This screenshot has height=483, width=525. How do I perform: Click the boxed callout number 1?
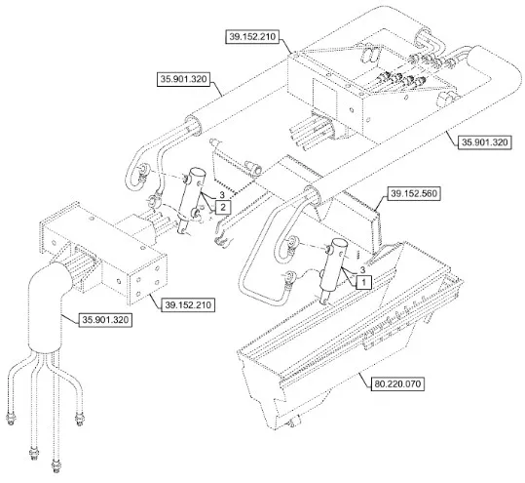pyautogui.click(x=364, y=282)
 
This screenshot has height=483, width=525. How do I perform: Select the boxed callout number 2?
pyautogui.click(x=223, y=207)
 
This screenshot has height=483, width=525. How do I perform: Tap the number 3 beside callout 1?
pyautogui.click(x=362, y=269)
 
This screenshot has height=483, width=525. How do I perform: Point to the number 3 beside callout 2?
pyautogui.click(x=222, y=194)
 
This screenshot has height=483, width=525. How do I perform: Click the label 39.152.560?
pyautogui.click(x=414, y=193)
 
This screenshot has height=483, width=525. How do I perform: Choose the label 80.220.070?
pyautogui.click(x=397, y=383)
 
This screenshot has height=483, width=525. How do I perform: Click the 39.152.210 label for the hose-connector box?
pyautogui.click(x=252, y=36)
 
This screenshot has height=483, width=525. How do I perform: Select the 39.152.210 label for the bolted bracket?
pyautogui.click(x=188, y=304)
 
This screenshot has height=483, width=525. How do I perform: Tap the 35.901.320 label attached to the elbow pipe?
pyautogui.click(x=105, y=320)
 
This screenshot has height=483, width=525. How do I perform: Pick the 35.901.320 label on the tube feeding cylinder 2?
pyautogui.click(x=184, y=79)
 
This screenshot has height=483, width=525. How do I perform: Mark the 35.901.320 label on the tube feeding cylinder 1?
pyautogui.click(x=485, y=142)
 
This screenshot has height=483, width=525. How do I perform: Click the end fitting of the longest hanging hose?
pyautogui.click(x=56, y=464)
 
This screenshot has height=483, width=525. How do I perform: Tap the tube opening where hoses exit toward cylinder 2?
pyautogui.click(x=193, y=125)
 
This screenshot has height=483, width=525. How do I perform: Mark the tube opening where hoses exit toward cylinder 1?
pyautogui.click(x=312, y=196)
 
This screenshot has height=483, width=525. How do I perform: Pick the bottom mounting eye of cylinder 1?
pyautogui.click(x=324, y=302)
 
